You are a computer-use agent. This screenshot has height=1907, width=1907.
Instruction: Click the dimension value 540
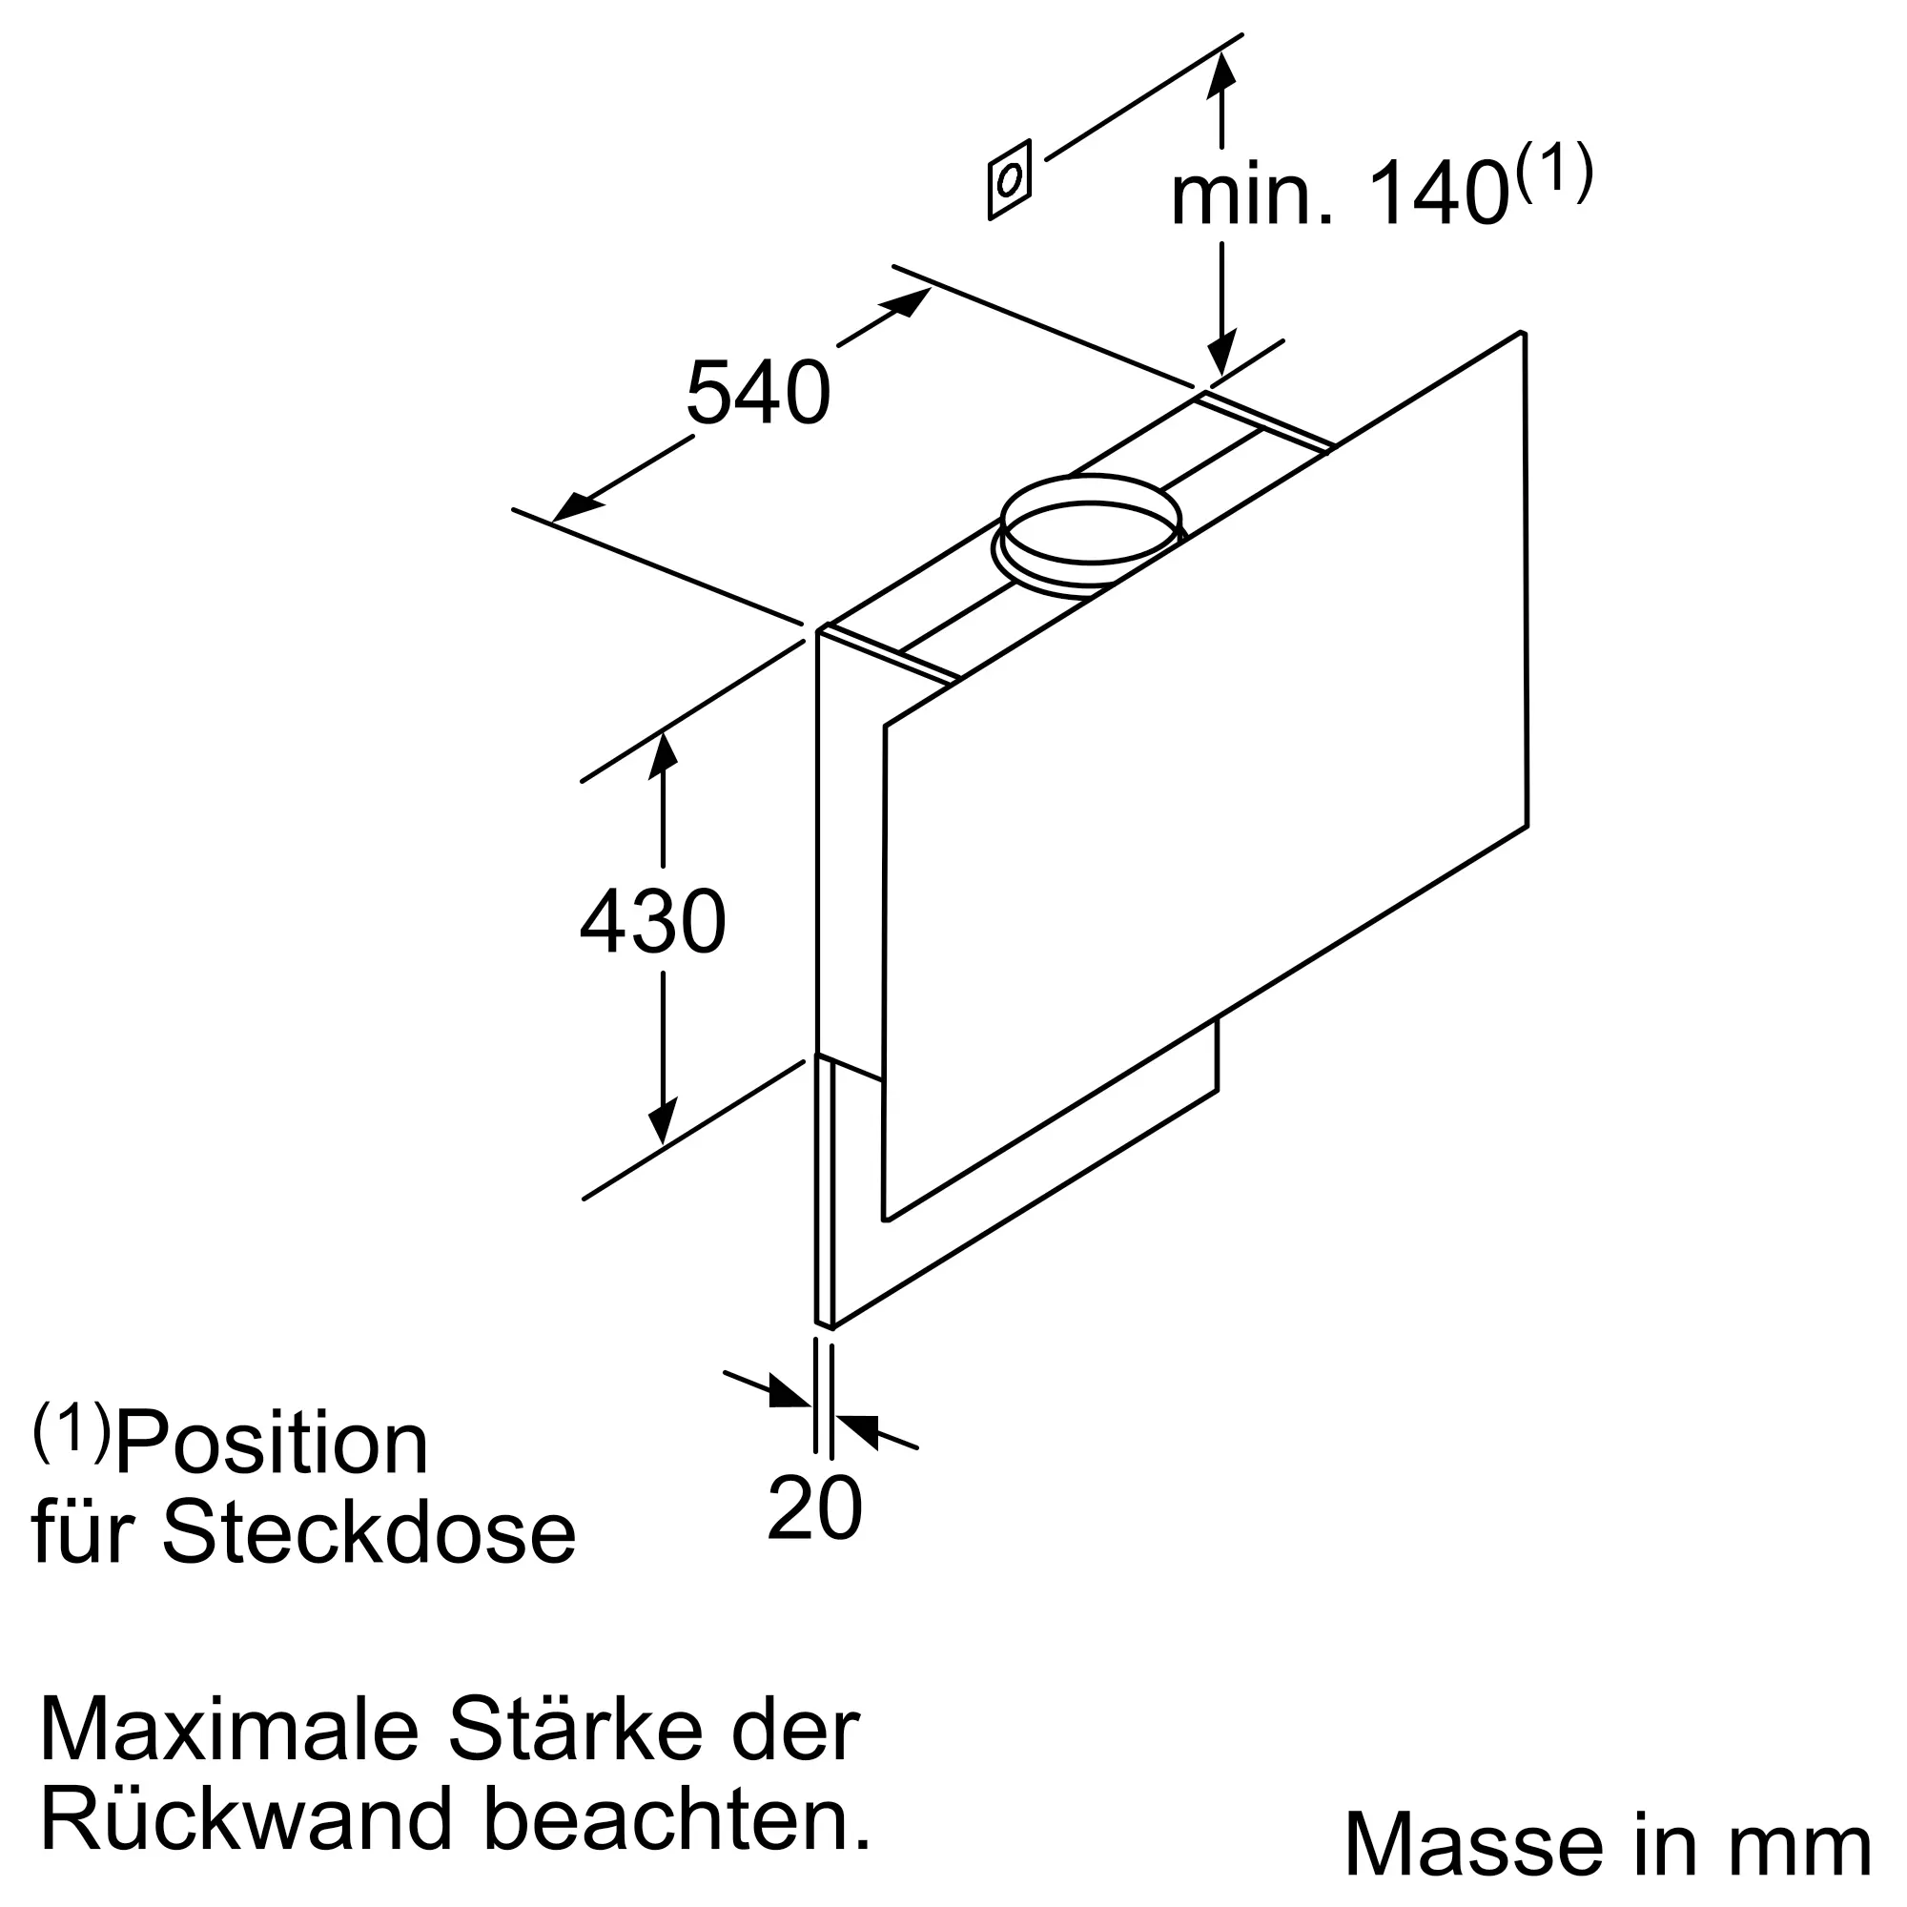(x=758, y=393)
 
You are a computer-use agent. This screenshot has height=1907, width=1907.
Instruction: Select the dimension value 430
(x=652, y=922)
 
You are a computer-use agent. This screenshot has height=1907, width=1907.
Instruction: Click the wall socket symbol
(x=1009, y=179)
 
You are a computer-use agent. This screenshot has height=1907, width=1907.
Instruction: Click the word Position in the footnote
(x=272, y=1444)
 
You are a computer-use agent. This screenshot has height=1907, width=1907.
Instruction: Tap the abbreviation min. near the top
(x=1250, y=196)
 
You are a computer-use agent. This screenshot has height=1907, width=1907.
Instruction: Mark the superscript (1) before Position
(x=72, y=1431)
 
